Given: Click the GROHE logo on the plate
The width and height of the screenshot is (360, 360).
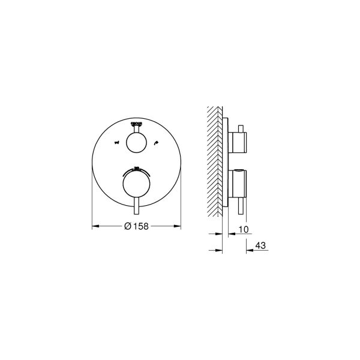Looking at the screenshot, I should (x=136, y=121).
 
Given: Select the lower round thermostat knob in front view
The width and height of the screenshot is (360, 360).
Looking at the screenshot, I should (x=136, y=185).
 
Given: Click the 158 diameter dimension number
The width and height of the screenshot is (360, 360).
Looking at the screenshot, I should (x=139, y=226).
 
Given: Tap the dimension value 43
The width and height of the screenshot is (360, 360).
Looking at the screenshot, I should (x=260, y=245).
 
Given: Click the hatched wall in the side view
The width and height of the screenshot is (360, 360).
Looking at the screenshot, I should (x=215, y=162).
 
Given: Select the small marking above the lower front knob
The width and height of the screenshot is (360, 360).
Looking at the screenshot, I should (x=136, y=167).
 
